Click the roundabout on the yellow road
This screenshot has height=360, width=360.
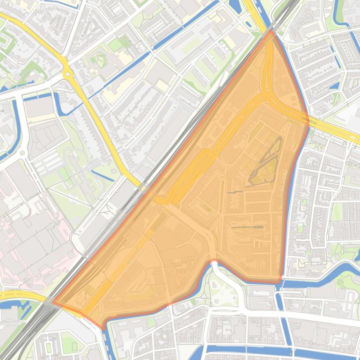67,73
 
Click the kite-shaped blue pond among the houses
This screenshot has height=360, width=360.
334,86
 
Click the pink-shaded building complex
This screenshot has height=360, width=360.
28,234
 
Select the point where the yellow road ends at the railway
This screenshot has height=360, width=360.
140,185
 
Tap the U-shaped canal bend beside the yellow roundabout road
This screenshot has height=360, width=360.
59,101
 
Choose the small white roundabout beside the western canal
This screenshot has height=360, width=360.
22,153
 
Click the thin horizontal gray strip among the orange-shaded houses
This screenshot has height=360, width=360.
247,228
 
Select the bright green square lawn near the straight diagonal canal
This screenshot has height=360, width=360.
115,45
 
